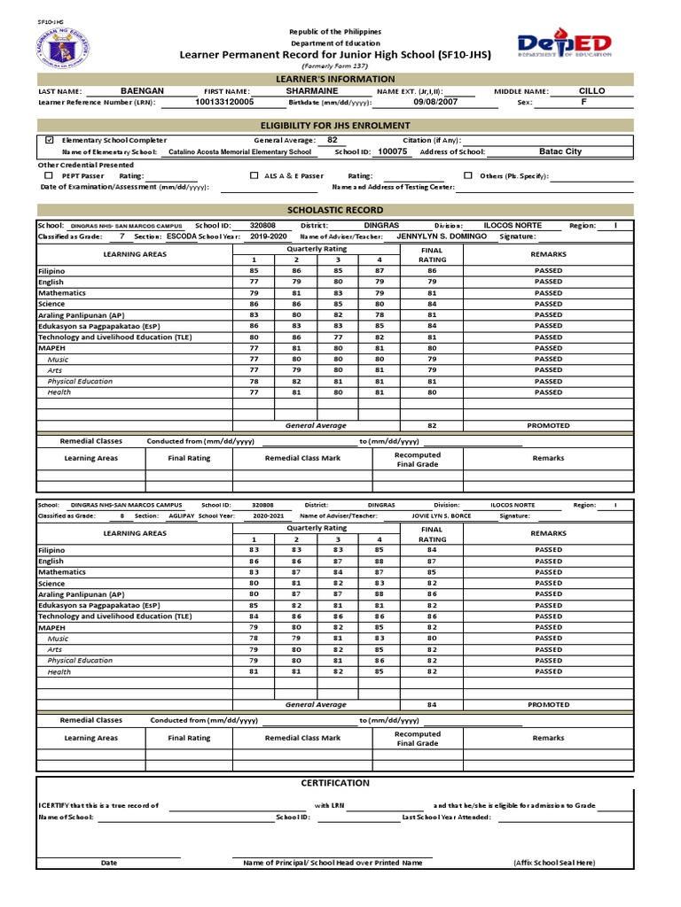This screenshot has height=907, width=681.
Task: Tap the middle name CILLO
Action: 591,90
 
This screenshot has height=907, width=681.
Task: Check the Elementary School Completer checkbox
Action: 49,140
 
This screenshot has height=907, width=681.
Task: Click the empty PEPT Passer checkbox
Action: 49,175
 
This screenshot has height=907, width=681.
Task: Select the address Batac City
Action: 560,151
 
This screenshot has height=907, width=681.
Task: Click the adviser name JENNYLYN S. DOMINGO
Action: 441,236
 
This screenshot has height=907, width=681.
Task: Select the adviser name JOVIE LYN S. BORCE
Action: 442,516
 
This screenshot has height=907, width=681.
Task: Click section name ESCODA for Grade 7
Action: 182,236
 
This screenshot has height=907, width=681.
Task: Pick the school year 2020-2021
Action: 271,516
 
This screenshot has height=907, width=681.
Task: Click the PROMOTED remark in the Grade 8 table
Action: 548,705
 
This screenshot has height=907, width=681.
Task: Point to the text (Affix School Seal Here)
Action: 554,862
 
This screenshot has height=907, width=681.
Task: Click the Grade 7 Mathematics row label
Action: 62,293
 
